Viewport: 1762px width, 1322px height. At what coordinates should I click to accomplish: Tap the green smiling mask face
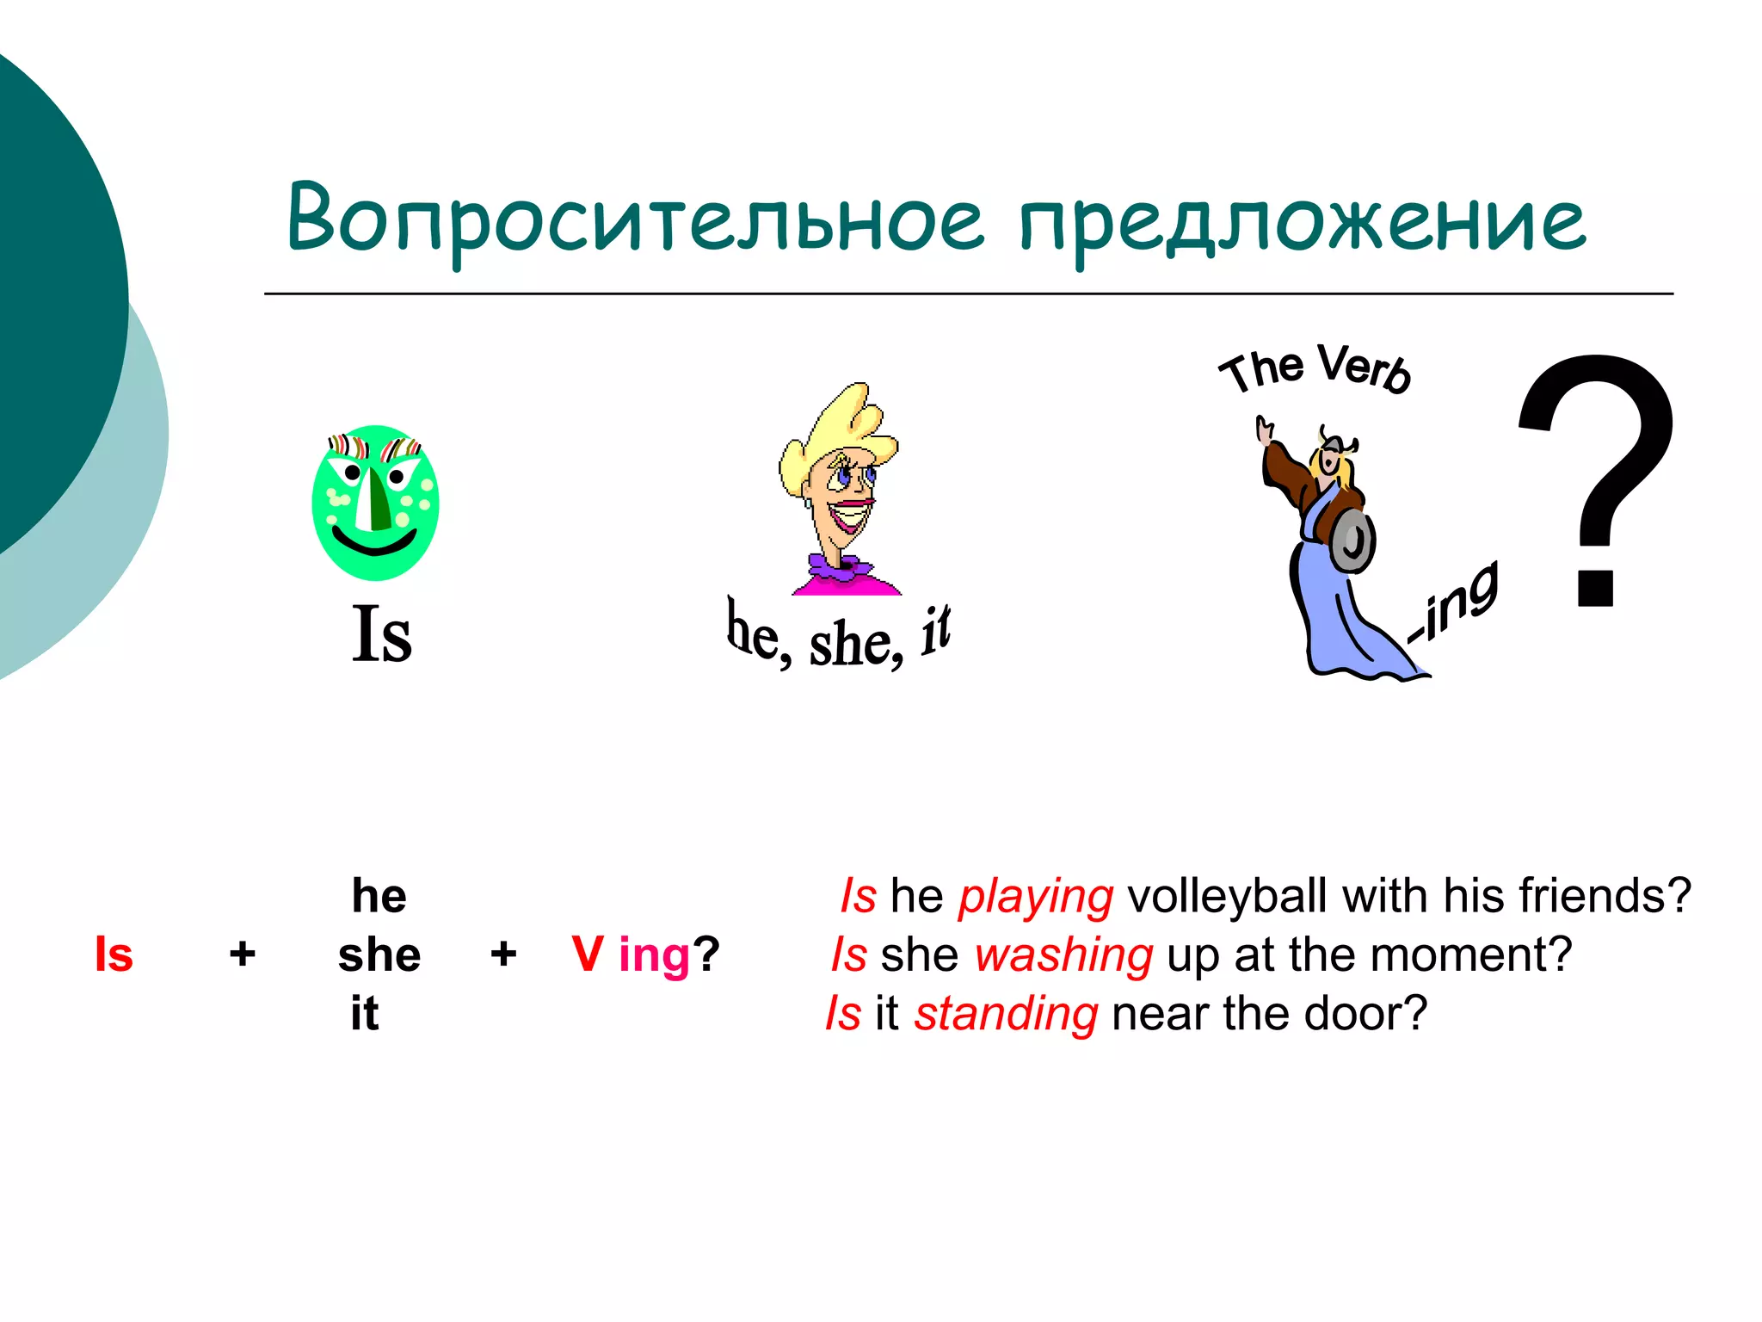(375, 503)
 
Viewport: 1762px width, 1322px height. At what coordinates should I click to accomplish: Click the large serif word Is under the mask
(382, 634)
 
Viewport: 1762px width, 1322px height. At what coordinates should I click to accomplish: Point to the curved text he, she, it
(838, 638)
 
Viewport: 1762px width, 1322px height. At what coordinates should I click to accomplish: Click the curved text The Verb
(1315, 369)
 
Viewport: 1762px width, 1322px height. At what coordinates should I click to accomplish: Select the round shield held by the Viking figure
(1352, 541)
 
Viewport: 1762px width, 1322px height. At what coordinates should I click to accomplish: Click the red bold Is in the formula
(114, 954)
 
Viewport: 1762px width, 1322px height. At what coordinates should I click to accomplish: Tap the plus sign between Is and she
(243, 954)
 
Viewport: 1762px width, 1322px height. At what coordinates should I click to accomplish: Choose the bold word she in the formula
(379, 954)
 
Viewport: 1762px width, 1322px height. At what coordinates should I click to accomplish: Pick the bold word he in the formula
(379, 896)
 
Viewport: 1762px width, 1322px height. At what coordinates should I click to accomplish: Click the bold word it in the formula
(365, 1013)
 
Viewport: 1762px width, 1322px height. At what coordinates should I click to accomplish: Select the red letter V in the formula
(587, 954)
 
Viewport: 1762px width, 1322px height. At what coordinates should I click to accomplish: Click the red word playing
(1036, 896)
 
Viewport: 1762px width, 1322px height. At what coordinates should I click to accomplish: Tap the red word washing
(1063, 954)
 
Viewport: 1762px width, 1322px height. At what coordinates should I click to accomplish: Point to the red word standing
(1006, 1013)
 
